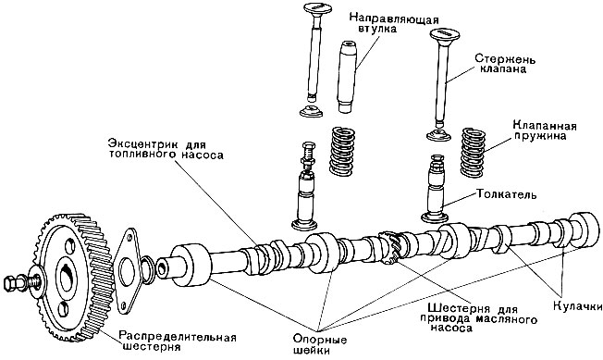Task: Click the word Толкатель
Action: click(506, 194)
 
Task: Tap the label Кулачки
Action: click(578, 306)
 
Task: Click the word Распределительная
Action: click(177, 337)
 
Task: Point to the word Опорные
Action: click(320, 340)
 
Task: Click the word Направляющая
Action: click(394, 19)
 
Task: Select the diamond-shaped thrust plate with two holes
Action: click(127, 271)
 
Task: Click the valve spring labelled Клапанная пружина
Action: click(473, 153)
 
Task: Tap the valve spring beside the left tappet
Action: click(342, 151)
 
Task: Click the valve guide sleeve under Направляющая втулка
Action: click(346, 76)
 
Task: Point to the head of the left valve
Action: click(317, 8)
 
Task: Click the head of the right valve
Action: click(445, 34)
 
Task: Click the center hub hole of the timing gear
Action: click(66, 278)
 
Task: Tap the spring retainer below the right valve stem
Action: click(438, 135)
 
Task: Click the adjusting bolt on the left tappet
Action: click(308, 155)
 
